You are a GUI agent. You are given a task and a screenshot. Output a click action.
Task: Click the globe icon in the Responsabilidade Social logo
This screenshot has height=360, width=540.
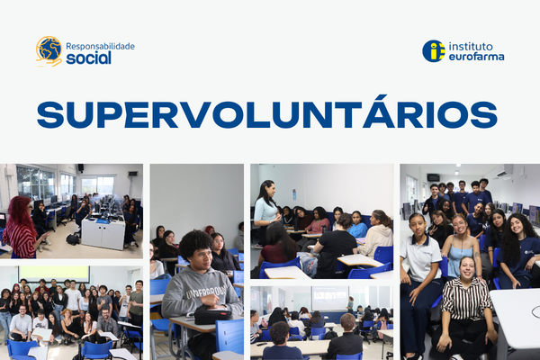tap(49, 49)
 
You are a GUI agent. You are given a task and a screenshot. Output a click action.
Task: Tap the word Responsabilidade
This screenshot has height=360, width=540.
tap(100, 47)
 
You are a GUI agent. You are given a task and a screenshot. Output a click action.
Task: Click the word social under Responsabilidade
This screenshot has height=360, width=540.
tap(88, 58)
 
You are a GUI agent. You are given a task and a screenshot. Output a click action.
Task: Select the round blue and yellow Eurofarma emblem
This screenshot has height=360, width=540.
tap(434, 51)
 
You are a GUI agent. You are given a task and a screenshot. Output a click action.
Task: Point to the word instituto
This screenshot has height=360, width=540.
tap(471, 47)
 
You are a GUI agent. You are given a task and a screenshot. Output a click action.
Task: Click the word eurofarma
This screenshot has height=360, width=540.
tap(477, 57)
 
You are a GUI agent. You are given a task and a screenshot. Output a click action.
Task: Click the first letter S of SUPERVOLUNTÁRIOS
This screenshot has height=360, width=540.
tap(50, 115)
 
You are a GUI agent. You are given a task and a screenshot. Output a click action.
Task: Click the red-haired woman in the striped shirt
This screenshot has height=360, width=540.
tap(21, 228)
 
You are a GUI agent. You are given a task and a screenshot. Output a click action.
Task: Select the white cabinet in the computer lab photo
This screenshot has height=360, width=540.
tap(103, 234)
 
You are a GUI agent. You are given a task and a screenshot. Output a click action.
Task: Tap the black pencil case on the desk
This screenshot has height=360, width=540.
tap(212, 315)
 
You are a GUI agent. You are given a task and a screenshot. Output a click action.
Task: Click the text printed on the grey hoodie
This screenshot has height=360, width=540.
tap(206, 291)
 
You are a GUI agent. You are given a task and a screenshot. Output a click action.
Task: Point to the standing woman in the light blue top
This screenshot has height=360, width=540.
tap(265, 212)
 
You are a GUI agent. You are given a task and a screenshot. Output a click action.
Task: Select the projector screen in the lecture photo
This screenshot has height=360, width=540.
tap(329, 298)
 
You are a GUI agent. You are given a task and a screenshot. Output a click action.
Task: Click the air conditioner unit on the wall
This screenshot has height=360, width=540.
tap(502, 172)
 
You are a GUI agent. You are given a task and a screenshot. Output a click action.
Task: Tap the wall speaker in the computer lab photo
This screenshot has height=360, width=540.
tap(80, 167)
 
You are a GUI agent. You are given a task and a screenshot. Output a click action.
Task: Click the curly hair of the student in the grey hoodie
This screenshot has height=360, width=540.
tap(196, 242)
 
